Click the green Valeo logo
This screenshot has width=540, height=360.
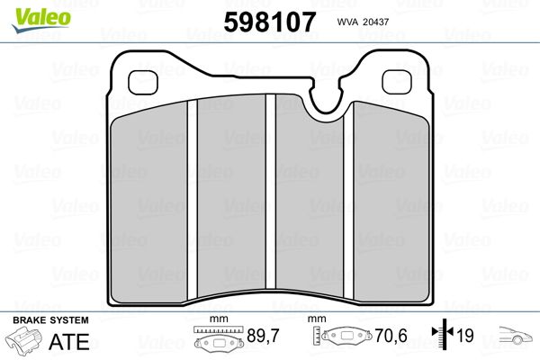41,20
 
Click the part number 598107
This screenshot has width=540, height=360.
270,22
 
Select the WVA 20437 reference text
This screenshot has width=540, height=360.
363,22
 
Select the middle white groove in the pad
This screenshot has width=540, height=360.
271,192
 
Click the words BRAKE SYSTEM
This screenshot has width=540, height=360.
50,320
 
